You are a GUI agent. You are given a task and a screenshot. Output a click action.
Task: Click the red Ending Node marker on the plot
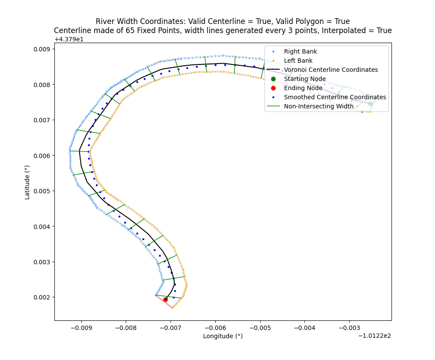(x=165, y=299)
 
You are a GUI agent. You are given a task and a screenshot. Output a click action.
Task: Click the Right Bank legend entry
(x=300, y=51)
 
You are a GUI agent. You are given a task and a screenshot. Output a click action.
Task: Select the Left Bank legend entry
(x=298, y=61)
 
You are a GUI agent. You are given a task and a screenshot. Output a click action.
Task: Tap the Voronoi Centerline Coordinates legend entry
(x=331, y=70)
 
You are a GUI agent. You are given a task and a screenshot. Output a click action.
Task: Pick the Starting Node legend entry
(x=304, y=79)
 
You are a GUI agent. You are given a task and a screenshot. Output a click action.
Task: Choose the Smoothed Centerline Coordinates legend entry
(x=335, y=97)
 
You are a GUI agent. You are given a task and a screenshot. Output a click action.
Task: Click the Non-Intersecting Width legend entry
(x=319, y=106)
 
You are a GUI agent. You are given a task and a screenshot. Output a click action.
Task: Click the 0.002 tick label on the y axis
(x=42, y=297)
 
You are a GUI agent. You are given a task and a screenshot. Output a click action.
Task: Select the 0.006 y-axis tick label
(x=42, y=155)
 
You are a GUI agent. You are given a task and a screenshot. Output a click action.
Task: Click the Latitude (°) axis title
(x=27, y=182)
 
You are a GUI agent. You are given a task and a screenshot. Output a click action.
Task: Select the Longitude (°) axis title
(x=223, y=336)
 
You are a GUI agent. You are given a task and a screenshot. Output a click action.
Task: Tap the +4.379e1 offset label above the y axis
(x=69, y=39)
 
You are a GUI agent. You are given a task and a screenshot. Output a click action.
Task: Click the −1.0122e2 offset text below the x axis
(x=374, y=336)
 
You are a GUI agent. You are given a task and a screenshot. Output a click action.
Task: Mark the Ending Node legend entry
(x=303, y=88)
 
